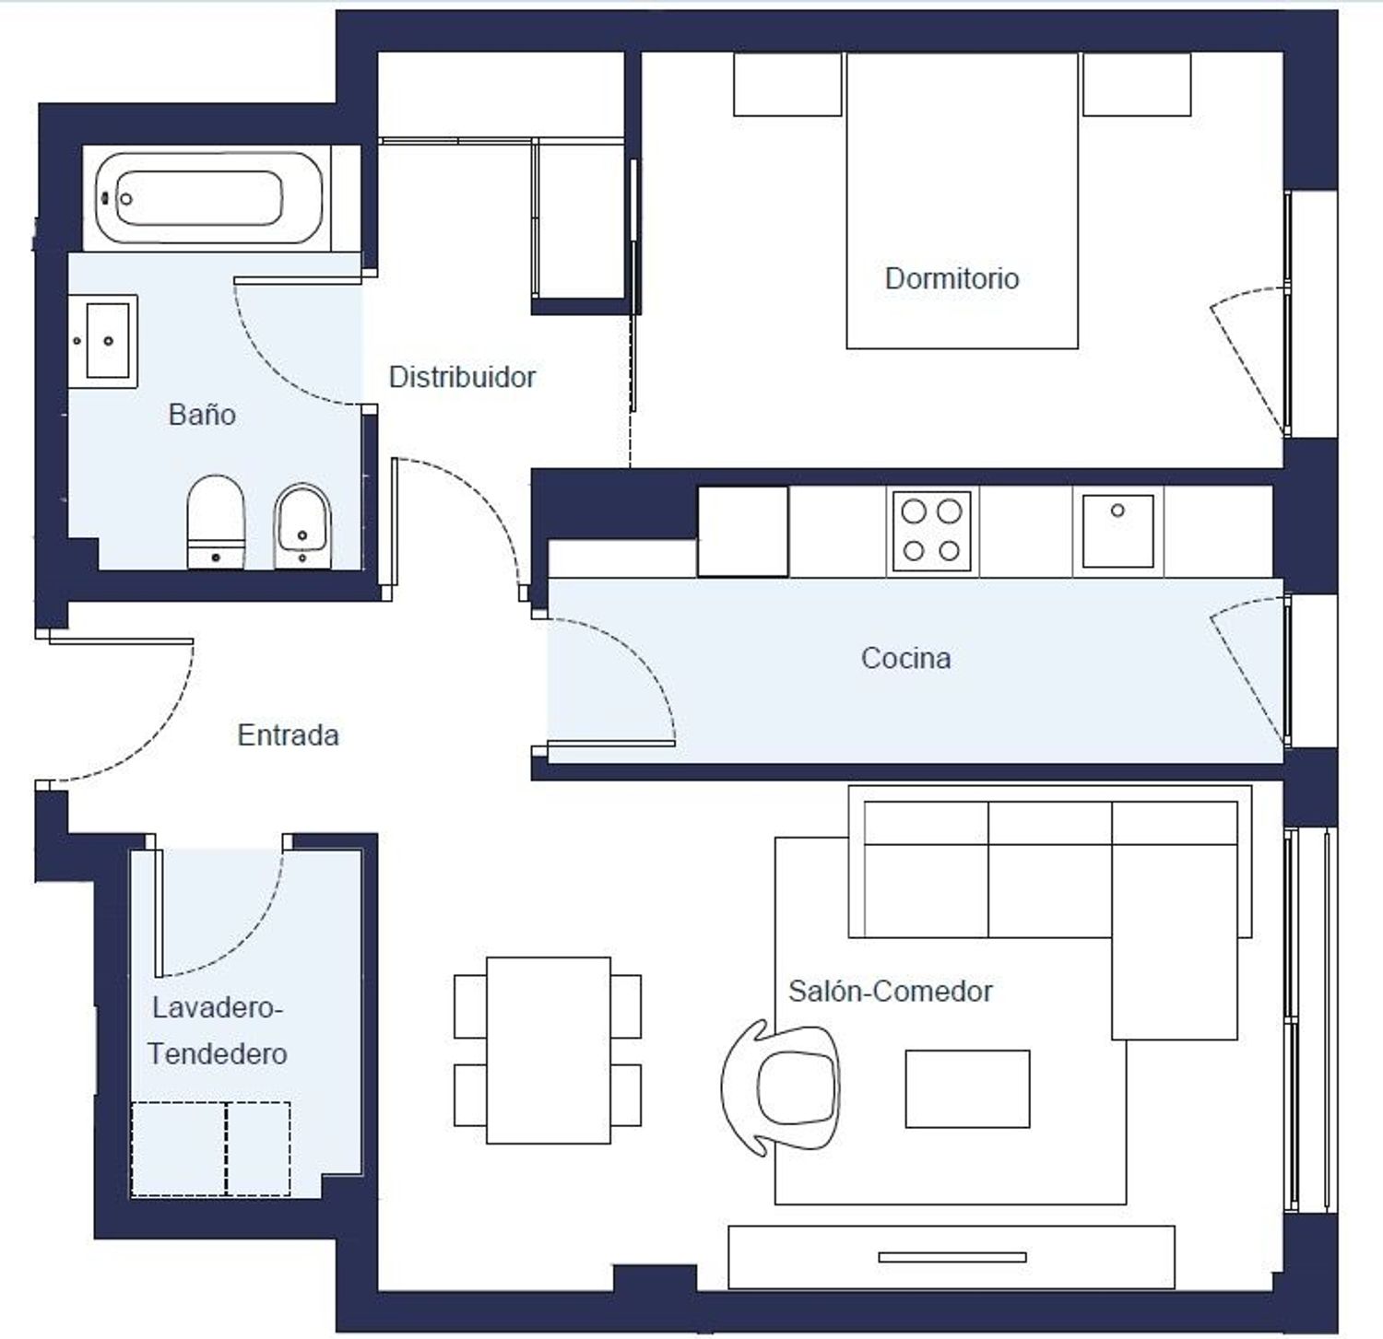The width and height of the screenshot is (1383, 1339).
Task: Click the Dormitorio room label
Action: point(952,278)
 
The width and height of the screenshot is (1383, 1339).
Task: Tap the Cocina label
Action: point(905,658)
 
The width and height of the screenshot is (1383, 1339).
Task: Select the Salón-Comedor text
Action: point(890,991)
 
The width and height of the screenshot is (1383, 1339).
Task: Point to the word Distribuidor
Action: point(462,377)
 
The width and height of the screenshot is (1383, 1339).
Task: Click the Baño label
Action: point(202,414)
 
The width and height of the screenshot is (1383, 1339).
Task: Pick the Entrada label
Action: point(288,734)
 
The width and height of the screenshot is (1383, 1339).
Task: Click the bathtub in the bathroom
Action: point(209,198)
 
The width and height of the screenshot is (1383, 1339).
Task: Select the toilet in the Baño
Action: point(216,523)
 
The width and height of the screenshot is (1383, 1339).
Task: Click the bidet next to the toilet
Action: point(302,525)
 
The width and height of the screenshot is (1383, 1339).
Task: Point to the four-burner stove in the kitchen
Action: point(931,531)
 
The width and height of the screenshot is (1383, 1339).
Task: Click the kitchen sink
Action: point(1117,531)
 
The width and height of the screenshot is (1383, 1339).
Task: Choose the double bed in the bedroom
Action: point(962,201)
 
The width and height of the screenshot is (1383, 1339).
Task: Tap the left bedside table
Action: point(787,85)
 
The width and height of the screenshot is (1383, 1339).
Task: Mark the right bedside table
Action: point(1136,85)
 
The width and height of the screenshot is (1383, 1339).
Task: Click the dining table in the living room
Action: point(549,1051)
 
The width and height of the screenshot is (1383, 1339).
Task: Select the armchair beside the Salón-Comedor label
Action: point(780,1087)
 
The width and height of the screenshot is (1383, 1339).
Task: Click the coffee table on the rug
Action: point(967,1088)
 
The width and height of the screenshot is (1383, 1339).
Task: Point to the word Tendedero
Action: point(218,1053)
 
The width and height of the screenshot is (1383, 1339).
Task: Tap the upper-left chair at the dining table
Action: point(470,1006)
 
